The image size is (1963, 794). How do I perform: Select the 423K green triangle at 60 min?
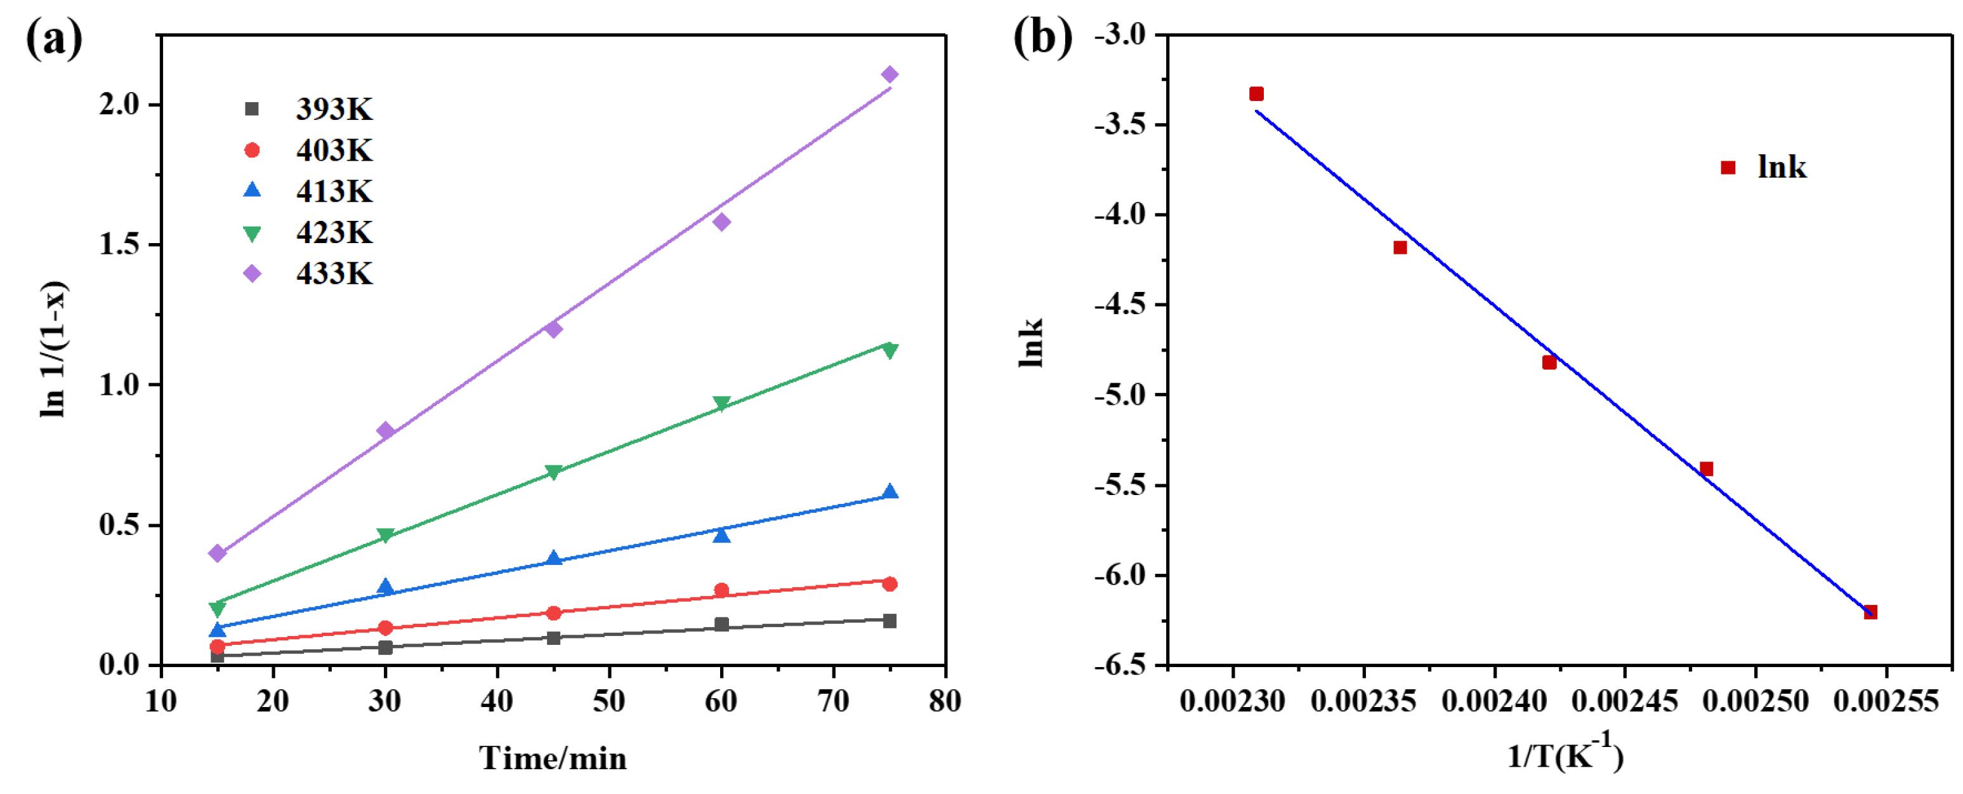[x=721, y=403]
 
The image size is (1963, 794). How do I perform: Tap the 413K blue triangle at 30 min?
[x=386, y=586]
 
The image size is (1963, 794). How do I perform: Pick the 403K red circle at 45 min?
[x=554, y=612]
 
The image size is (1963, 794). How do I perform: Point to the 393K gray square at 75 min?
[x=890, y=621]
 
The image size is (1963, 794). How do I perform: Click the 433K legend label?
[x=334, y=274]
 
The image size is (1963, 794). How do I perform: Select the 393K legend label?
[x=334, y=110]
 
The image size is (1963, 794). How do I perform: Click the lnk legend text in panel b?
[x=1782, y=168]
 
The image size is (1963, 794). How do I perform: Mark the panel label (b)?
[x=1042, y=38]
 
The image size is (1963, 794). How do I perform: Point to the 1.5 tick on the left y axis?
[x=120, y=244]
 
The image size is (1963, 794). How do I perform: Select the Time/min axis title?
[x=553, y=759]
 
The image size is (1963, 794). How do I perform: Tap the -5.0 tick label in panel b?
[x=1120, y=395]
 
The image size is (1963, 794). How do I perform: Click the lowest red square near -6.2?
[x=1870, y=612]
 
